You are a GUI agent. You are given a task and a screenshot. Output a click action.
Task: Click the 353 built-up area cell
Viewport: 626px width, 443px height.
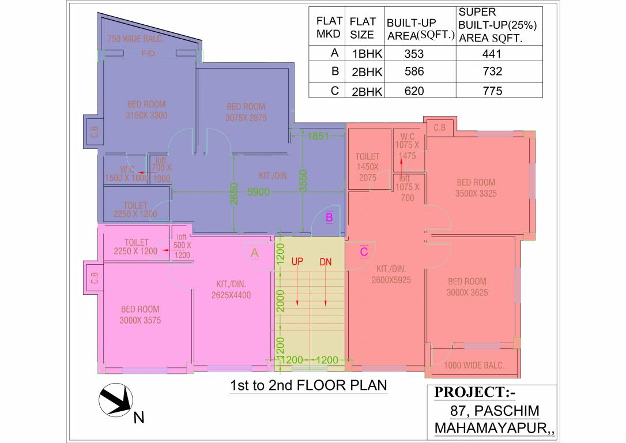[x=414, y=54]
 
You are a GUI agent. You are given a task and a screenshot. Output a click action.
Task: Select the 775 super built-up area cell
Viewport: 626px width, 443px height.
[x=492, y=91]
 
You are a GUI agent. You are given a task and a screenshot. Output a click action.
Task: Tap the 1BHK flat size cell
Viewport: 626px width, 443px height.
[x=363, y=54]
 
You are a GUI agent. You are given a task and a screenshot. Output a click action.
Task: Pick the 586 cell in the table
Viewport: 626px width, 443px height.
[x=414, y=72]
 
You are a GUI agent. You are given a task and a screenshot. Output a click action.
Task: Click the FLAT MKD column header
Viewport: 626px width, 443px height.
[x=329, y=27]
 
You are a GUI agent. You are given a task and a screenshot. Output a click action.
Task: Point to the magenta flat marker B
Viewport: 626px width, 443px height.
[x=329, y=217]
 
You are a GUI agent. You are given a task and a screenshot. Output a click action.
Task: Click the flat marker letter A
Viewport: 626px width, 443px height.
[x=254, y=252]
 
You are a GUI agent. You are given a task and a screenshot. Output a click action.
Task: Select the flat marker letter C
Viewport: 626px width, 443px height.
[x=364, y=251]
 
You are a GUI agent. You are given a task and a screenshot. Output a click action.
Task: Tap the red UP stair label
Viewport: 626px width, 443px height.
[x=297, y=262]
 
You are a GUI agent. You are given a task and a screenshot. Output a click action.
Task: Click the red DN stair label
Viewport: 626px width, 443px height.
[x=326, y=262]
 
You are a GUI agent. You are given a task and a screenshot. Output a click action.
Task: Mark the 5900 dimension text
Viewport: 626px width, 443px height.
[x=258, y=192]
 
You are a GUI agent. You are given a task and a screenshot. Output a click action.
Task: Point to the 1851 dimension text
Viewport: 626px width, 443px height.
[x=318, y=137]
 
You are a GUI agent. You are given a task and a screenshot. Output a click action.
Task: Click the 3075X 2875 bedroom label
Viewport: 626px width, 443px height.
[x=246, y=112]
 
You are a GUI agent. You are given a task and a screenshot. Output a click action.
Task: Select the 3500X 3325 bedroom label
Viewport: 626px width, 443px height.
[x=476, y=188]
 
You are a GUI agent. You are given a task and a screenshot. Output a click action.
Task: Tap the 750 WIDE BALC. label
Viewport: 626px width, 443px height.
[x=135, y=39]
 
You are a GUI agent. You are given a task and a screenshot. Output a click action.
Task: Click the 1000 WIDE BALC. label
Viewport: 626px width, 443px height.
[x=474, y=365]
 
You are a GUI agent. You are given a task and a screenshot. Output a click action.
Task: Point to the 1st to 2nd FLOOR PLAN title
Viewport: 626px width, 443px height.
[x=308, y=385]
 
